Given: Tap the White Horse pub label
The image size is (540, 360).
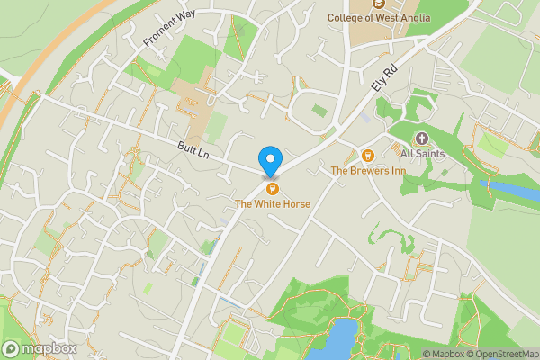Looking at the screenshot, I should pyautogui.click(x=273, y=204).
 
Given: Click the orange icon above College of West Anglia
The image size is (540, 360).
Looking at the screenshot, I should pyautogui.click(x=366, y=4).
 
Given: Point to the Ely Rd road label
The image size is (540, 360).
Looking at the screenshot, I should pyautogui.click(x=384, y=76).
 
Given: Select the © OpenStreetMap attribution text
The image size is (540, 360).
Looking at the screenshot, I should pyautogui.click(x=498, y=354).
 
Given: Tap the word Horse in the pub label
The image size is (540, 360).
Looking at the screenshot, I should pyautogui.click(x=293, y=204).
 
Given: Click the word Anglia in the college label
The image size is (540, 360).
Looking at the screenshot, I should pyautogui.click(x=412, y=17).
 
